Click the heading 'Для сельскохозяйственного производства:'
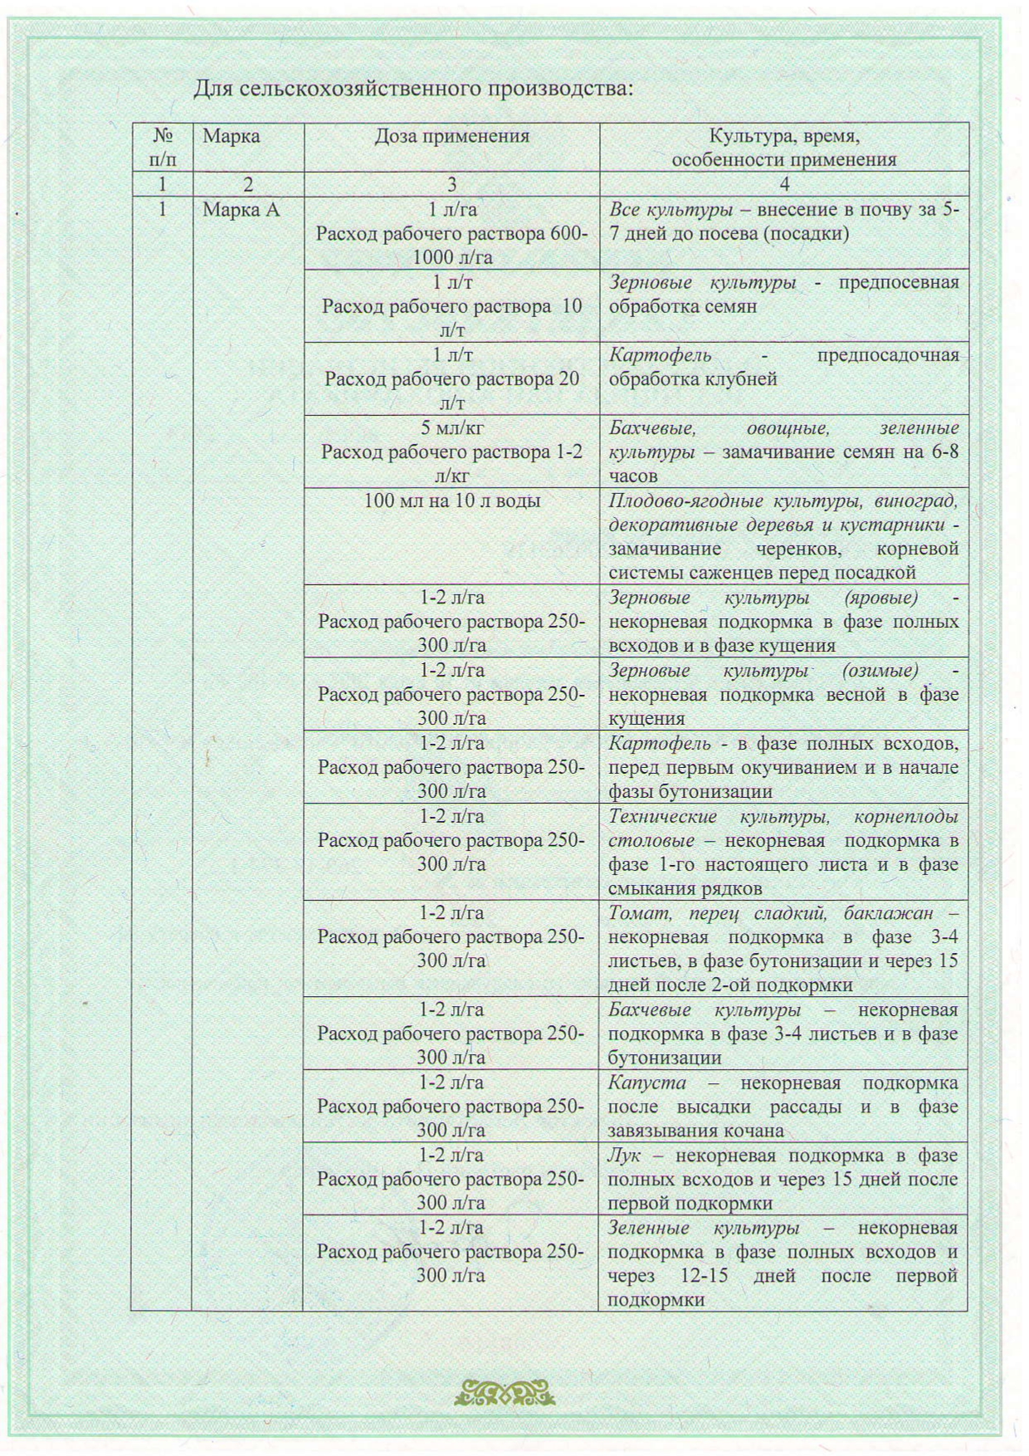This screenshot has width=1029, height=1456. point(413,87)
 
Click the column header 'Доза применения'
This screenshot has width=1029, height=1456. point(451,136)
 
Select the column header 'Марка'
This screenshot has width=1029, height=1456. point(232,136)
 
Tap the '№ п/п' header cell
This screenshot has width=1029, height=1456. point(163,147)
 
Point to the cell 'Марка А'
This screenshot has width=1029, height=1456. point(241,210)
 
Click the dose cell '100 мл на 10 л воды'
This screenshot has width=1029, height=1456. point(452,501)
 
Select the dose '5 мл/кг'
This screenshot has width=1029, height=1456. point(452,428)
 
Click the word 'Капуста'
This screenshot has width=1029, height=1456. point(647,1082)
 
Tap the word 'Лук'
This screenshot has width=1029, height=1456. point(624,1155)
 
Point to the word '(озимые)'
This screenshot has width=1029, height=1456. point(880,670)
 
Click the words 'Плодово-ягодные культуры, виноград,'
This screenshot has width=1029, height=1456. point(783,501)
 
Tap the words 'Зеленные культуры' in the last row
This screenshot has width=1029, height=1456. point(704,1228)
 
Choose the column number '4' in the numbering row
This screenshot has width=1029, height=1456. point(784,184)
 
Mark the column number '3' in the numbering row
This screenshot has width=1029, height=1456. point(451,184)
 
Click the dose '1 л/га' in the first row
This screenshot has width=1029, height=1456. point(452,210)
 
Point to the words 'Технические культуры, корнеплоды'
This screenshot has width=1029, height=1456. point(783,816)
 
